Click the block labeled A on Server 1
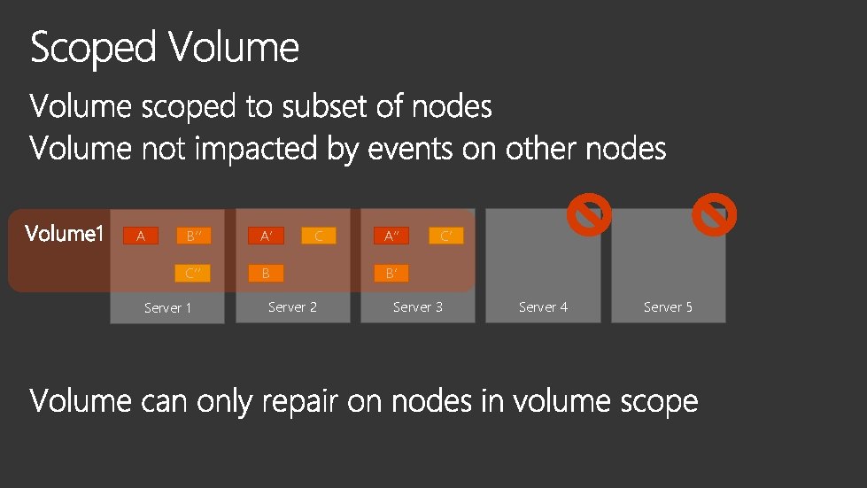click(x=140, y=236)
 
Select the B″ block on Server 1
click(x=193, y=236)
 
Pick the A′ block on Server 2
click(x=266, y=236)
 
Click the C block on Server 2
click(x=319, y=236)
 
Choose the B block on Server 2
click(x=266, y=273)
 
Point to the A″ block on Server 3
click(x=391, y=236)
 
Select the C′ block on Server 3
click(x=445, y=236)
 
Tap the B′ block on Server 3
click(x=391, y=273)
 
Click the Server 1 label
click(x=167, y=308)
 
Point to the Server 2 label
click(x=292, y=307)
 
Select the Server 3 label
click(x=418, y=307)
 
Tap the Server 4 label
click(x=543, y=307)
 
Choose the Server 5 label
click(x=668, y=307)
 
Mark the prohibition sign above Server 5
click(x=715, y=215)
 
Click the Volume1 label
click(x=65, y=234)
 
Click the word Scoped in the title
click(x=93, y=48)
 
